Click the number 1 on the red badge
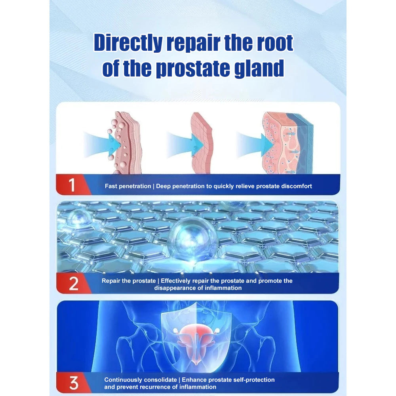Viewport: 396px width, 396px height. [72, 185]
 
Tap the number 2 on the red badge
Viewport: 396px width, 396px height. [74, 284]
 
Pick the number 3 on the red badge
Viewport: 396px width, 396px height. [74, 383]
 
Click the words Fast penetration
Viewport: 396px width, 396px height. [128, 186]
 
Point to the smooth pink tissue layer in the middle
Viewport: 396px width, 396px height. [203, 143]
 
